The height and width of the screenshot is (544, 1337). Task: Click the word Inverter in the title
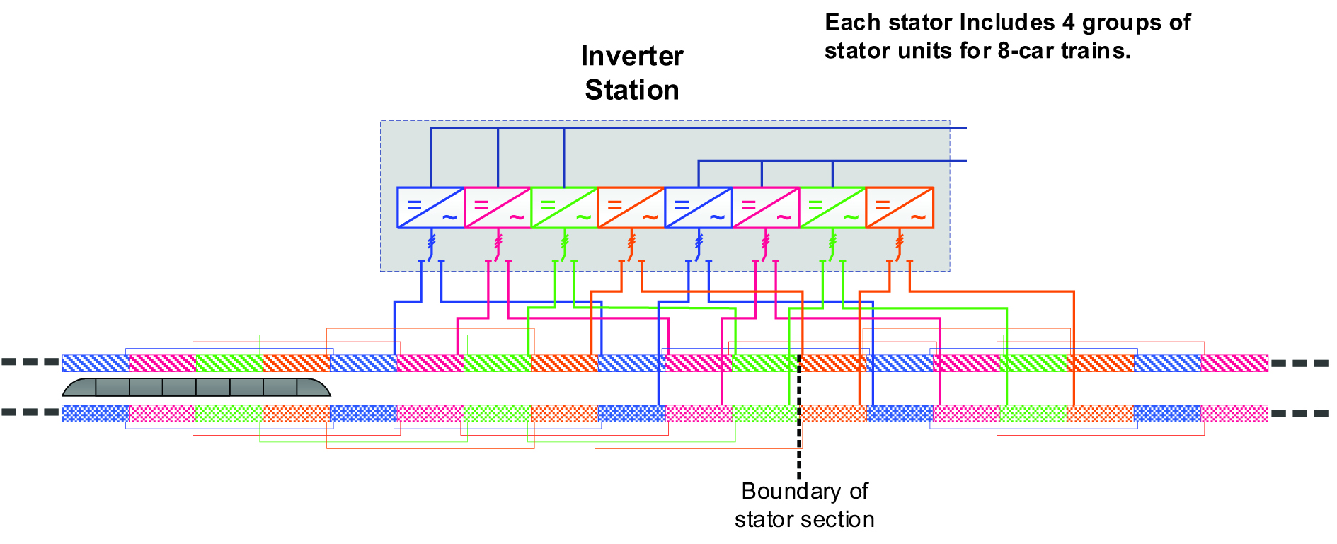coord(631,57)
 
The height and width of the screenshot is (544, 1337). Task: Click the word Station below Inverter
coord(631,91)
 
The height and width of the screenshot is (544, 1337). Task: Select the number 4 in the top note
coord(1068,23)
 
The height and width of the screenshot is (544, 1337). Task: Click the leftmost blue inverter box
coord(430,207)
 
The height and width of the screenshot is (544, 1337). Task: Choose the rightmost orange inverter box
coord(900,207)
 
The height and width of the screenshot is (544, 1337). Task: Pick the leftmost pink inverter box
coord(498,207)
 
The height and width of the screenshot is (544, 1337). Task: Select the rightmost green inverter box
coord(832,207)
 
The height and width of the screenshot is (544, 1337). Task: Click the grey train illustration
coord(196,388)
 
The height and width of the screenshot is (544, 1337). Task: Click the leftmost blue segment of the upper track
coord(96,364)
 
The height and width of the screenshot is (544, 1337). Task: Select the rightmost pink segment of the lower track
coord(1234,413)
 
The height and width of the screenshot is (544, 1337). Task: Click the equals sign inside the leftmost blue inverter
coord(414,205)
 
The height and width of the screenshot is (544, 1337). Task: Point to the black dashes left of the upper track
coord(30,362)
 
